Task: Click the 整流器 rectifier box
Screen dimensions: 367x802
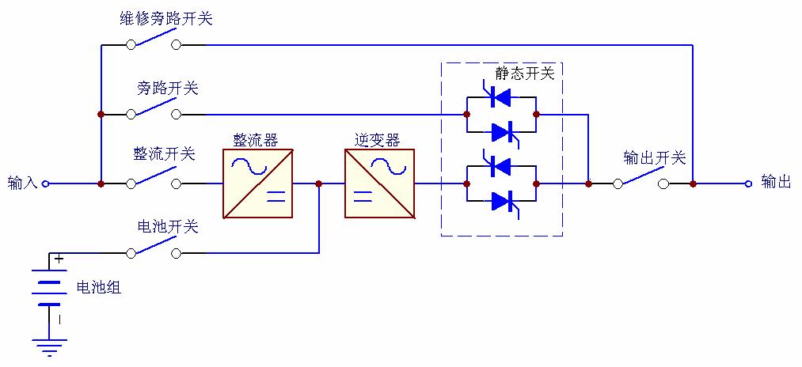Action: point(257,183)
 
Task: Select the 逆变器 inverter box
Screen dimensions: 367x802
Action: point(379,183)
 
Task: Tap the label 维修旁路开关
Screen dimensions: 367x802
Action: point(166,18)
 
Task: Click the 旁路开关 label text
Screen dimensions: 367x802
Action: point(167,88)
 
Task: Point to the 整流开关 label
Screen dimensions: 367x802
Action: point(165,154)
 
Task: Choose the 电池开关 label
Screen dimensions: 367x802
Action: point(167,227)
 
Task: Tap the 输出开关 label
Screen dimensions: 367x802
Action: point(654,157)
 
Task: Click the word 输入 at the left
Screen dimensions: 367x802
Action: point(22,183)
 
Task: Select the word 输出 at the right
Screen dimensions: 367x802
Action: point(776,183)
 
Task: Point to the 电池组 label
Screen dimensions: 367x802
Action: point(98,287)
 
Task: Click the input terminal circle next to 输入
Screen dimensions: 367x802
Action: point(45,183)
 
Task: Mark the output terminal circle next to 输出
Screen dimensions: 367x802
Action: point(748,183)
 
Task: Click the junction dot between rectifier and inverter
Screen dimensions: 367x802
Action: point(318,183)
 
